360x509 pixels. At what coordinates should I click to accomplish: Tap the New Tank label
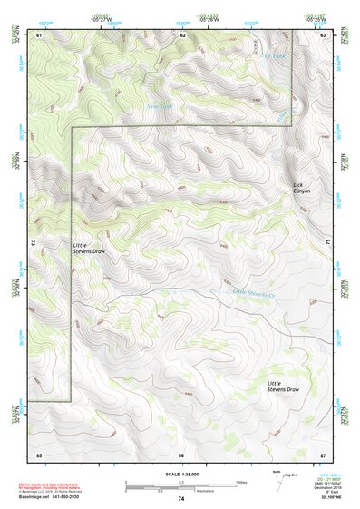click(160, 105)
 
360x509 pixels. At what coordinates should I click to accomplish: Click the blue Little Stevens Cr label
click(252, 291)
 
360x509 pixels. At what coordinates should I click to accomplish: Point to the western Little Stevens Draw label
click(90, 248)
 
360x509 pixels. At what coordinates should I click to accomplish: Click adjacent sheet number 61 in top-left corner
click(39, 34)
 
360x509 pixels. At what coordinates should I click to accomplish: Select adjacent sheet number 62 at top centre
click(181, 34)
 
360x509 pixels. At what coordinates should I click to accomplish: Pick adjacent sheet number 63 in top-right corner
click(323, 34)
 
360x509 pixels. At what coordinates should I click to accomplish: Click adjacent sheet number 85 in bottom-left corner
click(39, 454)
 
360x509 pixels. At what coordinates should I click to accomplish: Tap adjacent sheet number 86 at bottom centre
click(181, 454)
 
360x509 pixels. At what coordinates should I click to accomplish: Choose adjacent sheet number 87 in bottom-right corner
click(323, 454)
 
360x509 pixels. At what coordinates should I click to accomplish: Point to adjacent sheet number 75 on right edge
click(326, 242)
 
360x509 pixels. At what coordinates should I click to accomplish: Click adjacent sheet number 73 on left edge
click(33, 243)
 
